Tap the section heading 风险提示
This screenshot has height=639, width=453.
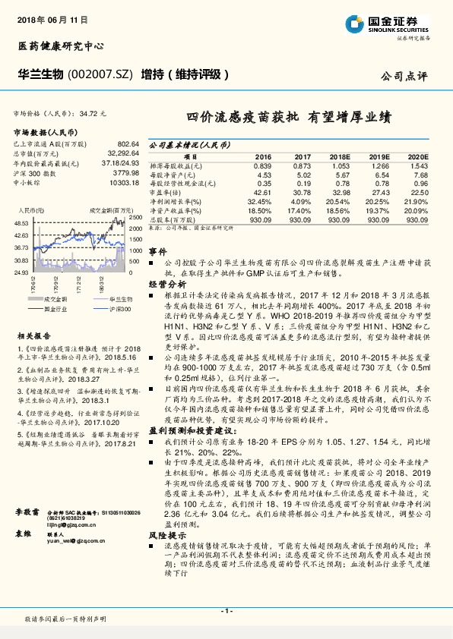pyautogui.click(x=163, y=536)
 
